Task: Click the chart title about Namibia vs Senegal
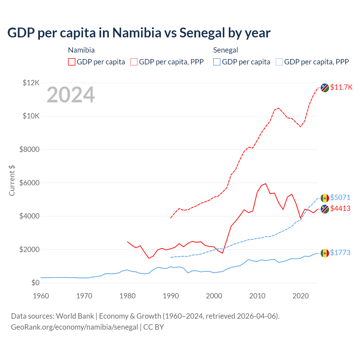139,33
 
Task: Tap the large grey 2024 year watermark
71,95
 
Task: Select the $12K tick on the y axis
31,83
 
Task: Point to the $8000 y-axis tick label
29,149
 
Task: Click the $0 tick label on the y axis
35,283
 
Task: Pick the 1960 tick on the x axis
41,296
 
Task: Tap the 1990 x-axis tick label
171,296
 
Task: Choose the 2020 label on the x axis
301,296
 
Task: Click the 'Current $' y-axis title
12,181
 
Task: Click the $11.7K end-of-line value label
341,87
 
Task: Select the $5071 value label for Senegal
340,197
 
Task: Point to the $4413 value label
340,208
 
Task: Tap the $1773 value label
340,253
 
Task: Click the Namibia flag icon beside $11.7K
325,88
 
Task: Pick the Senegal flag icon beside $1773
325,253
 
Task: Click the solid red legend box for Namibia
72,62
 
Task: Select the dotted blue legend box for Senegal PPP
279,62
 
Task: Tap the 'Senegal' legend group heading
226,50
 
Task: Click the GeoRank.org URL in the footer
75,327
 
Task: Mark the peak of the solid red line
266,184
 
